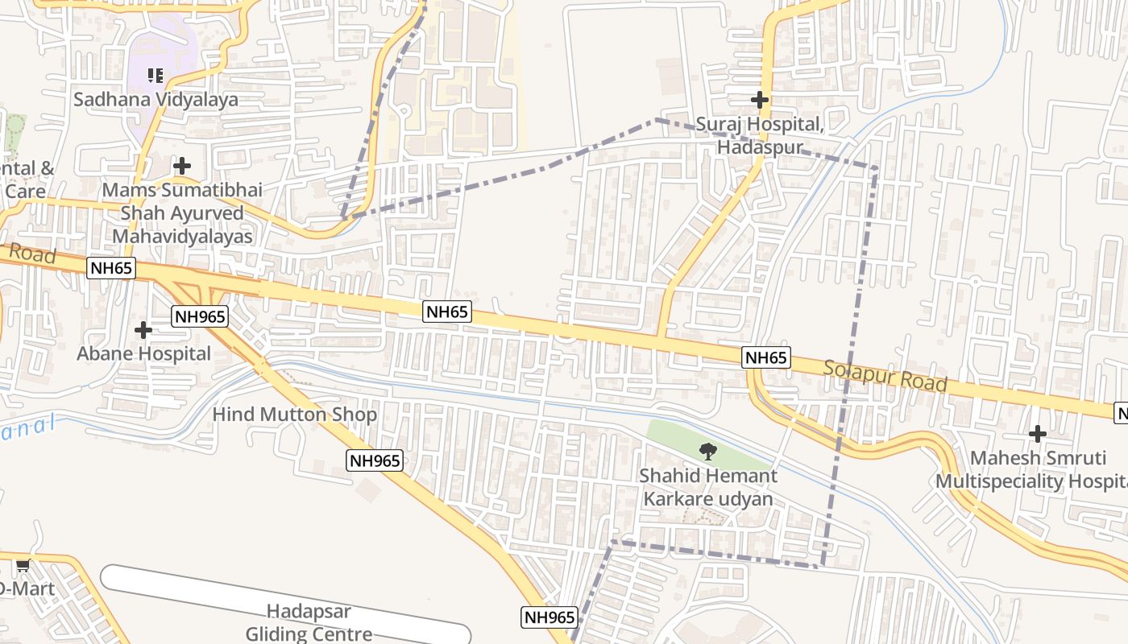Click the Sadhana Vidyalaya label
click(156, 100)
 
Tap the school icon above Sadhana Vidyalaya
click(156, 76)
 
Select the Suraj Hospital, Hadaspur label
click(760, 135)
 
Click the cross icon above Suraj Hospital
click(759, 100)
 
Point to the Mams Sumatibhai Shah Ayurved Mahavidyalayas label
click(182, 213)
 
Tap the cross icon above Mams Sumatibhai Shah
click(182, 166)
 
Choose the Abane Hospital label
click(143, 353)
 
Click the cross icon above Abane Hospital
click(143, 330)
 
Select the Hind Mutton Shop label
click(295, 415)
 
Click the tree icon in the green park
click(707, 451)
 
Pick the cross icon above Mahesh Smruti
click(1038, 435)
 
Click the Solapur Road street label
click(885, 376)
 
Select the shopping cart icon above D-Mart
click(23, 565)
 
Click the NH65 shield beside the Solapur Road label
click(766, 357)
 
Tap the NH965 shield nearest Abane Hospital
click(200, 316)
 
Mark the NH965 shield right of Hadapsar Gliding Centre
click(549, 617)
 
